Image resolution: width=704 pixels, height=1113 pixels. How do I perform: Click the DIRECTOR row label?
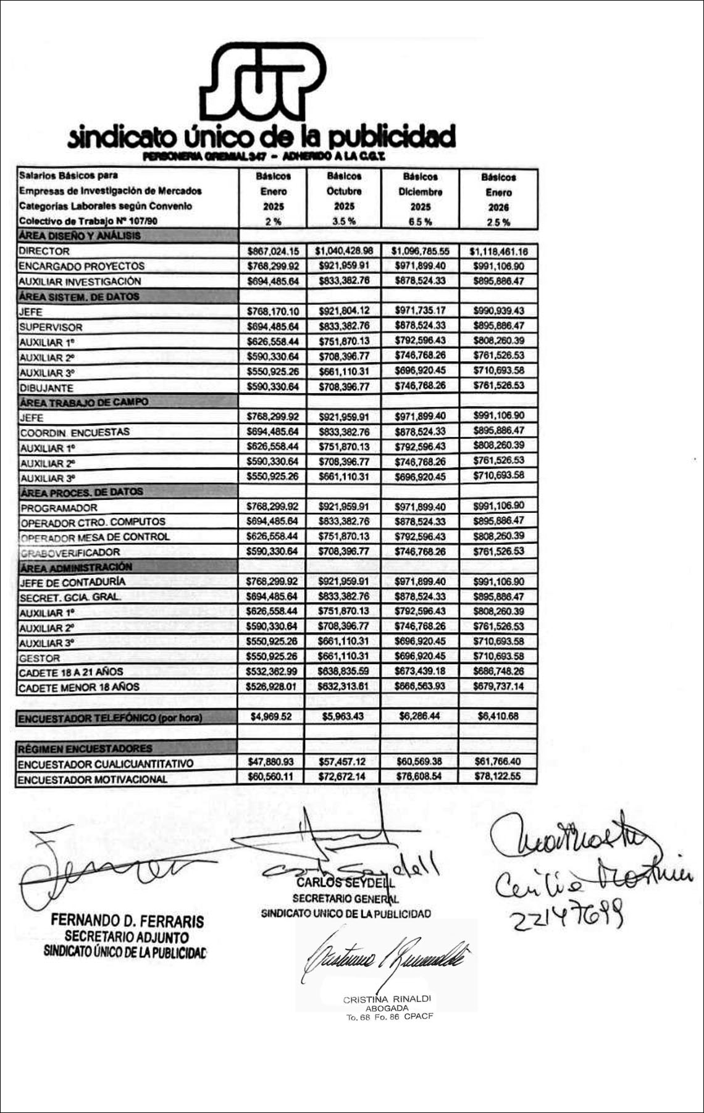[44, 251]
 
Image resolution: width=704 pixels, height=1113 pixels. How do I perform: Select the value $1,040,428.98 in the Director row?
[344, 251]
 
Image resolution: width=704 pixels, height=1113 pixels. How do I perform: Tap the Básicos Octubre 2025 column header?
[344, 198]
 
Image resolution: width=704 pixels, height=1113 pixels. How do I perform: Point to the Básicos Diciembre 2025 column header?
[421, 199]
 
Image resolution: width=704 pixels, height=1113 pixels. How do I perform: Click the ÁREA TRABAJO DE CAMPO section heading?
[84, 402]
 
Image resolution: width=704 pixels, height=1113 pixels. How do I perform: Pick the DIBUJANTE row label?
[46, 388]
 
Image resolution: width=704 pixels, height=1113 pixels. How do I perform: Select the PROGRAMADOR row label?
[59, 507]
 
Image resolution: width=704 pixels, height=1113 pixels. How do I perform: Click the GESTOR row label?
[40, 658]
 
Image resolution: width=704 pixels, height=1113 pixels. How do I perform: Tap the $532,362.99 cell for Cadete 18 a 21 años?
[272, 671]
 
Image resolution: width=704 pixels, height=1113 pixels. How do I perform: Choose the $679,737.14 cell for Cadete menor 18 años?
[498, 686]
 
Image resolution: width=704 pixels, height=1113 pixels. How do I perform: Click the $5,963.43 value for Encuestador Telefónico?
[344, 717]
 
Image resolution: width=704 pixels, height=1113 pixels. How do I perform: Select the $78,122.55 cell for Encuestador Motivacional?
[498, 776]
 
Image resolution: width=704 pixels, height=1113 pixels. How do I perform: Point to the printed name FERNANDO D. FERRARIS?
[127, 921]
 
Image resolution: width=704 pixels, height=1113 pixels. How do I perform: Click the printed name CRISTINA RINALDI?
[387, 999]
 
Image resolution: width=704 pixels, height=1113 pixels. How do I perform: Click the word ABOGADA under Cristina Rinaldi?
[387, 1008]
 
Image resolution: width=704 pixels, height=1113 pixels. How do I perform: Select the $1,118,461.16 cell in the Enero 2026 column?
[498, 251]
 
